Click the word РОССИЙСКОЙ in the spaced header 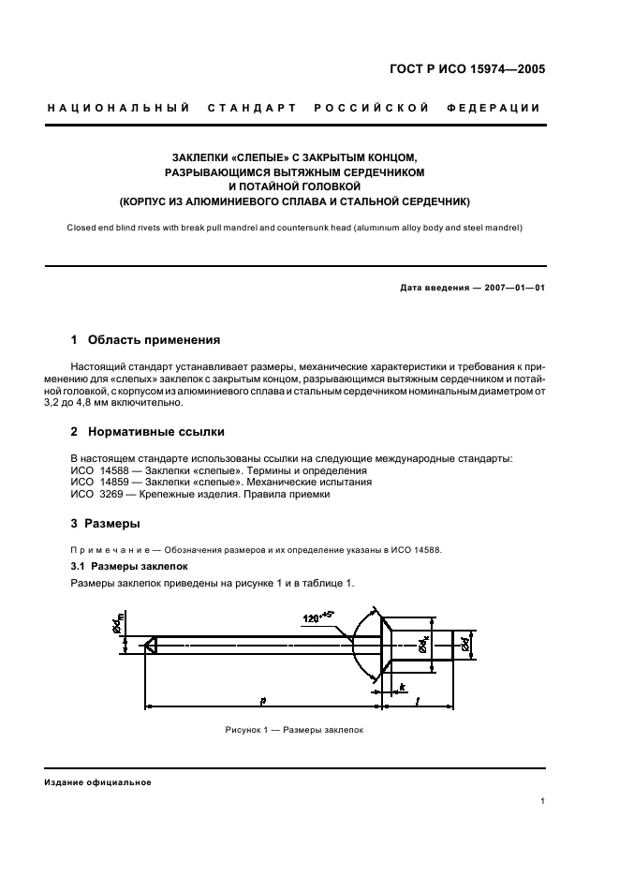tap(372, 108)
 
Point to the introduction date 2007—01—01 tap(511, 288)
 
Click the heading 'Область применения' tap(154, 340)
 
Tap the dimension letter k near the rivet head tap(402, 689)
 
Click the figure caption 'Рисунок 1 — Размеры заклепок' tap(293, 730)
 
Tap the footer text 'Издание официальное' tap(96, 782)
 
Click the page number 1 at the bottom tap(542, 802)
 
